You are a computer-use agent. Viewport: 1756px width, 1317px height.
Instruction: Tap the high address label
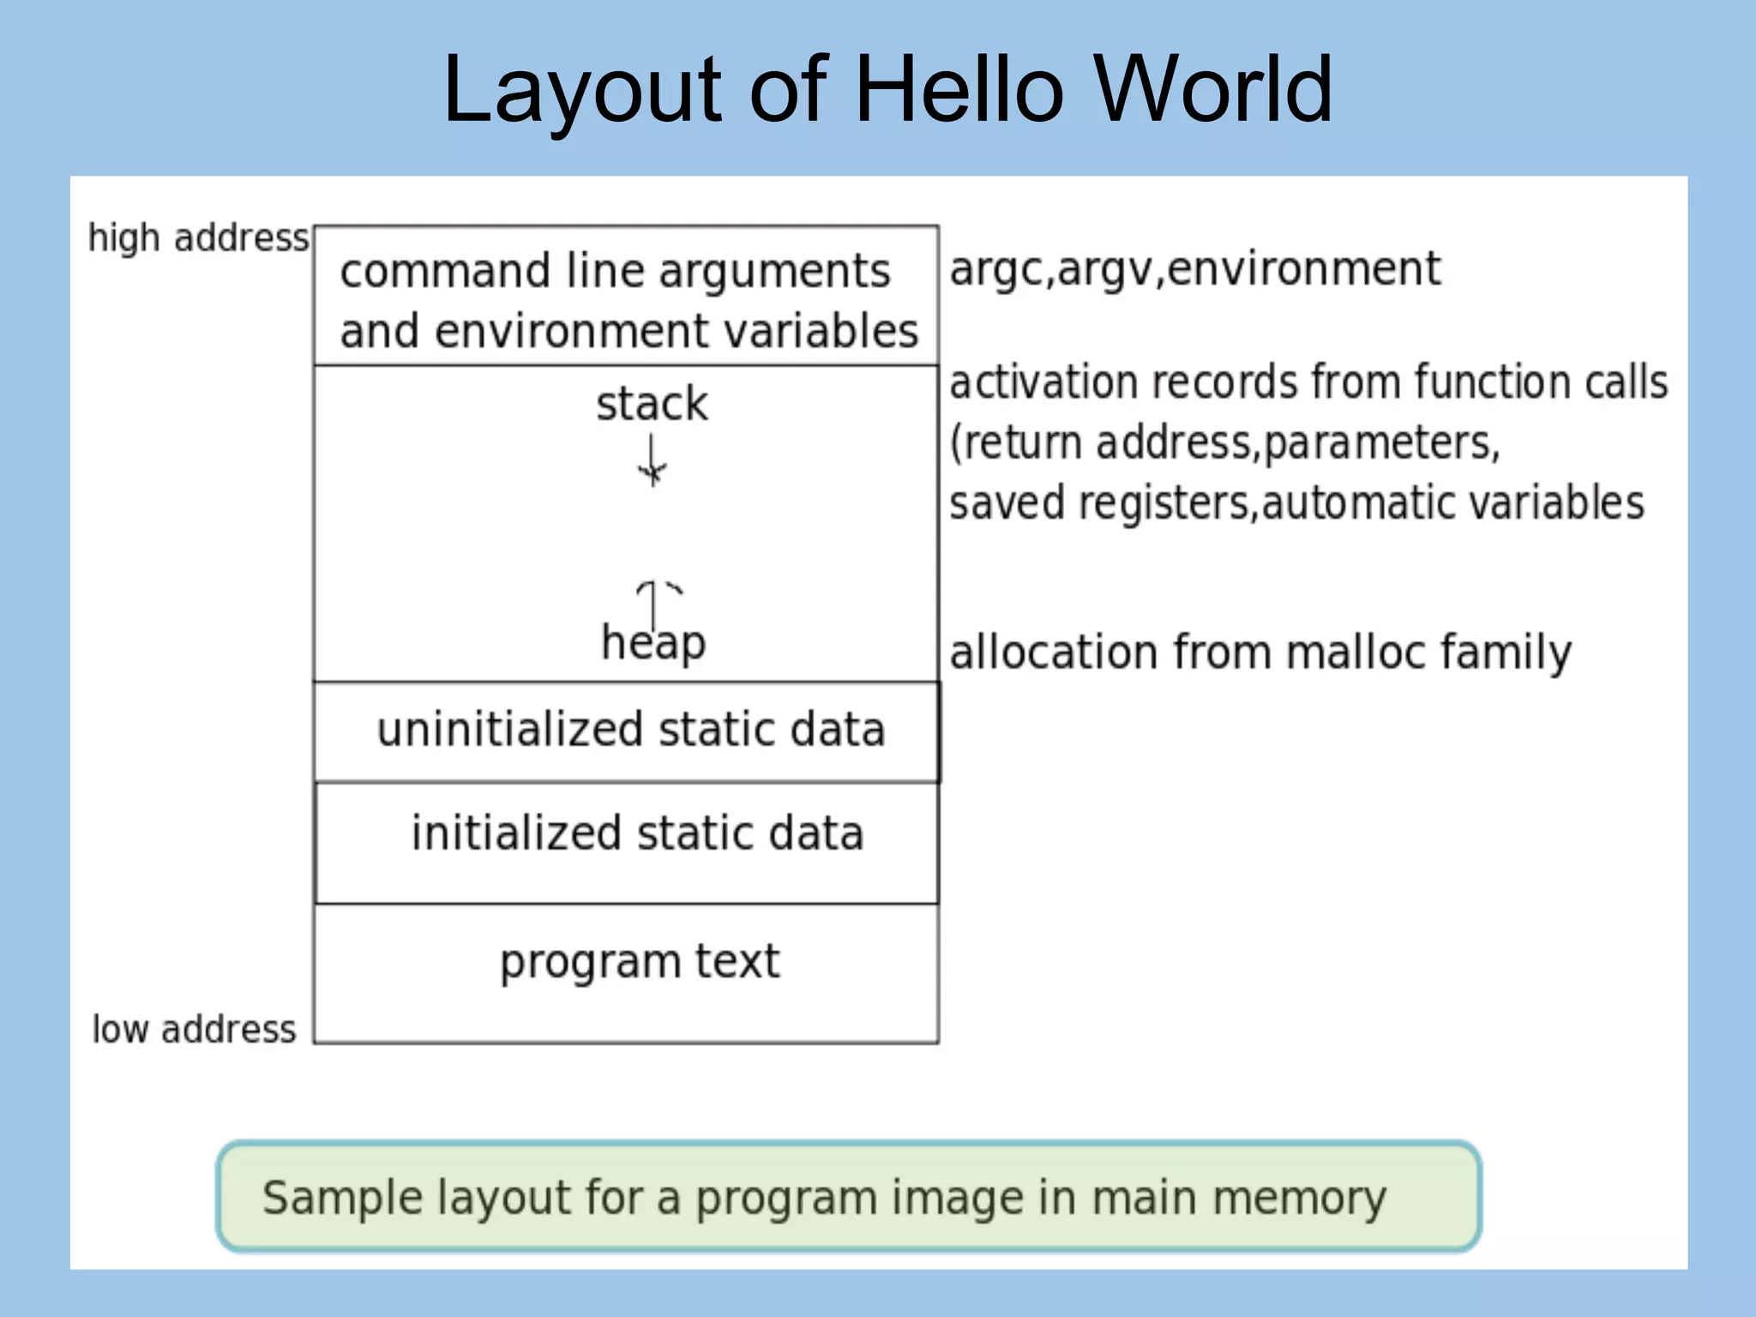pos(198,238)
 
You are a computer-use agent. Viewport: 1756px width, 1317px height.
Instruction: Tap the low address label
pos(194,1029)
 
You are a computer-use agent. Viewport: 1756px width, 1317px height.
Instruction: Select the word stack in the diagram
pos(652,404)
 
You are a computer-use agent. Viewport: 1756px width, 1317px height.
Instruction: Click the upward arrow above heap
pos(654,600)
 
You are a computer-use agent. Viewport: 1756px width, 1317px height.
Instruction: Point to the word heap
pos(653,643)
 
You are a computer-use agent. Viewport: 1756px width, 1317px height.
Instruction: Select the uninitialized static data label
pos(631,730)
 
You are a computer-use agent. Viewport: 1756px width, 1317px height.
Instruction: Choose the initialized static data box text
pos(637,833)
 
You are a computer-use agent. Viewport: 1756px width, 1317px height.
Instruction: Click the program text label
pos(640,961)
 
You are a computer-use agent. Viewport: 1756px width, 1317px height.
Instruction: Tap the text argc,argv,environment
pos(1194,269)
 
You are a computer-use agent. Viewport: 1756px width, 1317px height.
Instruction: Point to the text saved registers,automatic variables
pos(1296,502)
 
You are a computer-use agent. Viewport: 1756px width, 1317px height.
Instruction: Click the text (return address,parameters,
pos(1224,442)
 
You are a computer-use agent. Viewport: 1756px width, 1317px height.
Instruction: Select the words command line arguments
pos(615,272)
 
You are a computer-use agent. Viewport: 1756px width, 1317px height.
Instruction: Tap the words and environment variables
pos(628,331)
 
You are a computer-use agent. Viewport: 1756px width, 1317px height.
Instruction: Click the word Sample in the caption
pos(343,1197)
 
